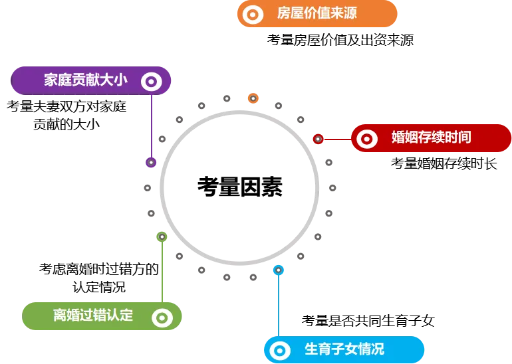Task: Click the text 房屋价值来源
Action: pos(317,13)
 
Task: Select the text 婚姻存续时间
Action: pos(431,137)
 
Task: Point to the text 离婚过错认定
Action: pos(93,316)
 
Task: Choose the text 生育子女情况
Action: pos(344,349)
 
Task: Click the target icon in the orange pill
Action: pos(253,14)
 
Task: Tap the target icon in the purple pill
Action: pos(152,81)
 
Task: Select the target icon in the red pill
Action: pos(366,138)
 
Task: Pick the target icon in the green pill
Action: pos(162,318)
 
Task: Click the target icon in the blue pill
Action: pos(280,349)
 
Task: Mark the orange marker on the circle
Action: pos(253,98)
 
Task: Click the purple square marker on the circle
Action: pos(151,161)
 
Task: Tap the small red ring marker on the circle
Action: pos(318,139)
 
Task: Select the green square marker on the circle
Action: pos(162,236)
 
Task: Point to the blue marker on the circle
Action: pos(279,270)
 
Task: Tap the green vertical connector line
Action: pos(162,272)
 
